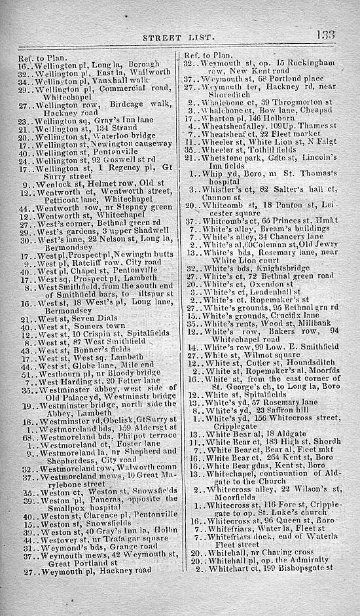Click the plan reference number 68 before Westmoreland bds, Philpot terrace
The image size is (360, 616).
26,454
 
